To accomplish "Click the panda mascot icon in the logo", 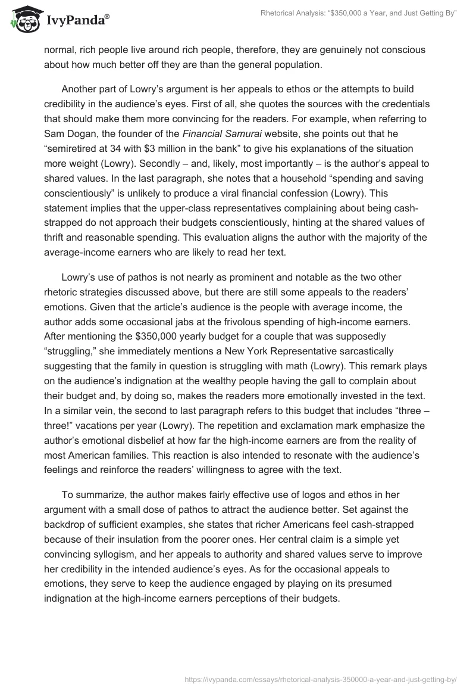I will click(22, 18).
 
